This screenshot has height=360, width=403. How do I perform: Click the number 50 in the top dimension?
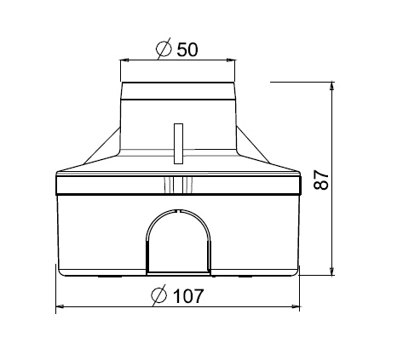(187, 49)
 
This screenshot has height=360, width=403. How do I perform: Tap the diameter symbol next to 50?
(164, 49)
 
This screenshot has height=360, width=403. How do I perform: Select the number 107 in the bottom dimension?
(188, 296)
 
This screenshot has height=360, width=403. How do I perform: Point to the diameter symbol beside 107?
(158, 295)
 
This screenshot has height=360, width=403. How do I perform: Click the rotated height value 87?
(321, 180)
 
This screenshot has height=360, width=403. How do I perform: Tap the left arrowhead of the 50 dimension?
(124, 60)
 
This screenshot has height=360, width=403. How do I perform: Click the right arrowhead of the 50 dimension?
(231, 60)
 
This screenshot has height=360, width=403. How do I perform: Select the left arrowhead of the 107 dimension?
(60, 306)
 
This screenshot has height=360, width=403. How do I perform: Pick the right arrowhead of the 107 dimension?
(296, 306)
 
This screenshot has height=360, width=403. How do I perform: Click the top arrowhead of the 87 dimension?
(331, 86)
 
